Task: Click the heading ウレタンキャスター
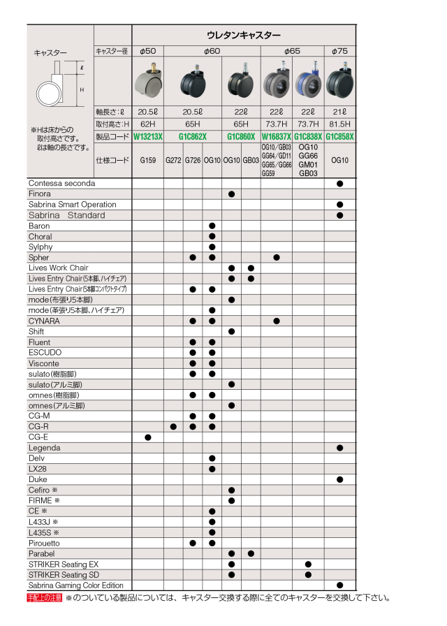(x=244, y=35)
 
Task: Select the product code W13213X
(x=147, y=137)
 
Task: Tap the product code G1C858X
(x=339, y=137)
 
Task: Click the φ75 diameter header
(x=339, y=51)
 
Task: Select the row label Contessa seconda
(x=61, y=183)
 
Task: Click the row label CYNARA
(x=44, y=321)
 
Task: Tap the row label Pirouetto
(x=44, y=543)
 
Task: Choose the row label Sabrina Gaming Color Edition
(x=75, y=585)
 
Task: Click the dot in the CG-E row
(x=147, y=437)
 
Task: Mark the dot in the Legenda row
(x=339, y=448)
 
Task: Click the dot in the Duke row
(x=339, y=480)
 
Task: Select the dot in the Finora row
(x=231, y=194)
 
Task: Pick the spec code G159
(x=147, y=160)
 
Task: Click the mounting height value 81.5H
(x=339, y=124)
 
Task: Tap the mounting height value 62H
(x=147, y=124)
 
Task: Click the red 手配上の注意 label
(x=45, y=598)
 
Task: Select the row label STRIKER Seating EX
(x=64, y=564)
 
